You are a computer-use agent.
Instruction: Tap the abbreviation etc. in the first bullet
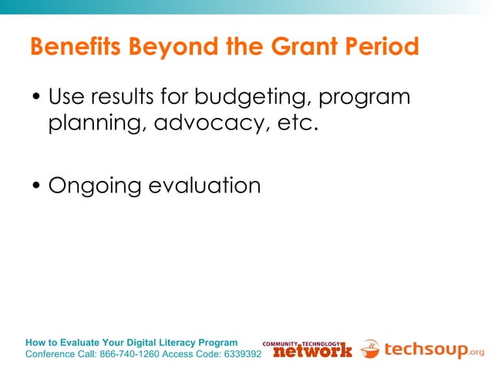point(297,123)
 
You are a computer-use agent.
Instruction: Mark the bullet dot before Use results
point(36,100)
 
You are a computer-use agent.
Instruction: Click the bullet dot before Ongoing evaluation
point(36,186)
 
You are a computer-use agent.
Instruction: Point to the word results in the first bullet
point(119,99)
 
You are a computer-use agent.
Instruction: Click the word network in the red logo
point(312,351)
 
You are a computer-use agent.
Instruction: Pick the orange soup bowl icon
point(370,349)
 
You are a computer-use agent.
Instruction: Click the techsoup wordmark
point(425,350)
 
